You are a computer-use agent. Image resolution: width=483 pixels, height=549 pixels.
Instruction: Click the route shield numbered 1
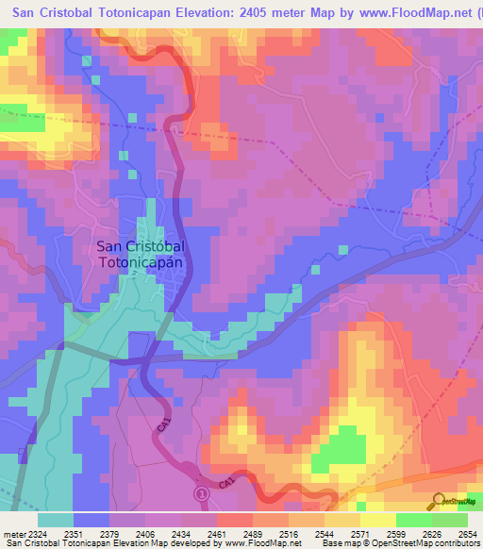coord(200,492)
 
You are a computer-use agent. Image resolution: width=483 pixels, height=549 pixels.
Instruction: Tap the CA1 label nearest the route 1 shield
coord(227,484)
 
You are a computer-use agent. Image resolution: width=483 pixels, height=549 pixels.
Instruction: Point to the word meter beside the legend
coord(10,534)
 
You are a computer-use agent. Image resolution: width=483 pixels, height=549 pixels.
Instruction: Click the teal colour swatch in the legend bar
coord(56,520)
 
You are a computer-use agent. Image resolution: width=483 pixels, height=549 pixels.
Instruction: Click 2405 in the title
coord(280,10)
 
